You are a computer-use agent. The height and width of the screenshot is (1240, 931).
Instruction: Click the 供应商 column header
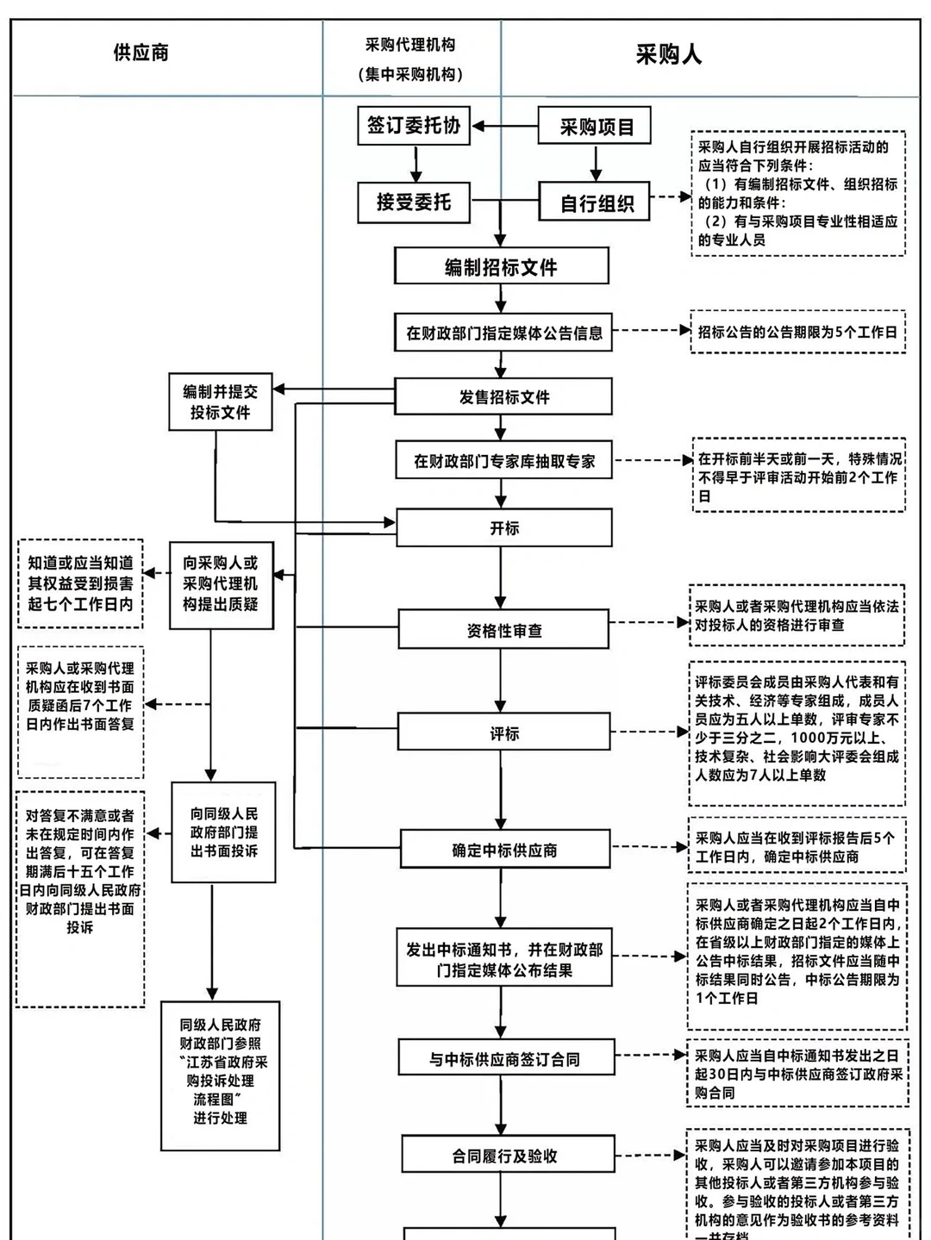tap(141, 53)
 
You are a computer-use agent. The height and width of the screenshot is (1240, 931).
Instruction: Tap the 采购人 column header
tap(668, 55)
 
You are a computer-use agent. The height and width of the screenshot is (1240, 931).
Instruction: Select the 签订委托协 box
tap(414, 126)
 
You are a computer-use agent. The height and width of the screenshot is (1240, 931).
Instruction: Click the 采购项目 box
tap(595, 127)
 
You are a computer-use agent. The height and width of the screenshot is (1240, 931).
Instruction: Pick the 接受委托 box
tap(414, 203)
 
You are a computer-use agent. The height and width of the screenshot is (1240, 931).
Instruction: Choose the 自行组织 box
tap(595, 203)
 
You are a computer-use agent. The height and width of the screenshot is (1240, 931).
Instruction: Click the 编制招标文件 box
tap(501, 267)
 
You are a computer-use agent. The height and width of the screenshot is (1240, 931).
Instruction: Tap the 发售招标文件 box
tap(503, 397)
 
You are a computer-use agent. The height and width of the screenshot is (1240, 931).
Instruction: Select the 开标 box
tap(503, 527)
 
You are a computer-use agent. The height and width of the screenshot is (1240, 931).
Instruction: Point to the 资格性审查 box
tap(504, 630)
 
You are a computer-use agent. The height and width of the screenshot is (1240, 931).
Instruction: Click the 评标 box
tap(504, 733)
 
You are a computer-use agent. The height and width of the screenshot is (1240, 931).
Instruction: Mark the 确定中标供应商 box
tap(504, 850)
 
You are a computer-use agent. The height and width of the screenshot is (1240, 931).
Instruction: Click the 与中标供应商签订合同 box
tap(505, 1058)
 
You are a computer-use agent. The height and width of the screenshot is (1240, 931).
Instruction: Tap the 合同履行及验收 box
tap(506, 1156)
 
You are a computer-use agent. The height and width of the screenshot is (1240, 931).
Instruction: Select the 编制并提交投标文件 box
tap(220, 402)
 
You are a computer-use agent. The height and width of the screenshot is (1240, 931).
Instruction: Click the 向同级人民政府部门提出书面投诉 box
tap(223, 832)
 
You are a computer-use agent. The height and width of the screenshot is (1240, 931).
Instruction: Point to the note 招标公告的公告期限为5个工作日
tap(797, 332)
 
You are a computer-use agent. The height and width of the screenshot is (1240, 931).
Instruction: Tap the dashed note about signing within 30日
tap(797, 1074)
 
